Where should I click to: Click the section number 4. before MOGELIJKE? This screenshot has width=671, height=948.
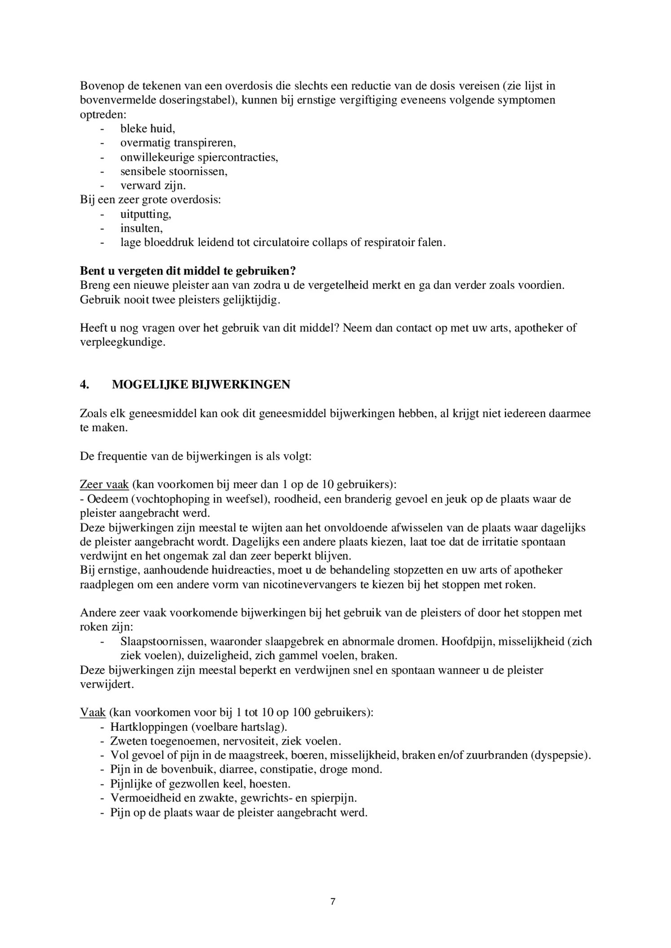84,385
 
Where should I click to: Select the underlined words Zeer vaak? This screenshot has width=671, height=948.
104,485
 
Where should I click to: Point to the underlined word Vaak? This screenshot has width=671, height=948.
93,713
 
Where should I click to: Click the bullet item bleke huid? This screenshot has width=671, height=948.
147,129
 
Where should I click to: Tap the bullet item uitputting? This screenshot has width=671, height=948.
146,214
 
